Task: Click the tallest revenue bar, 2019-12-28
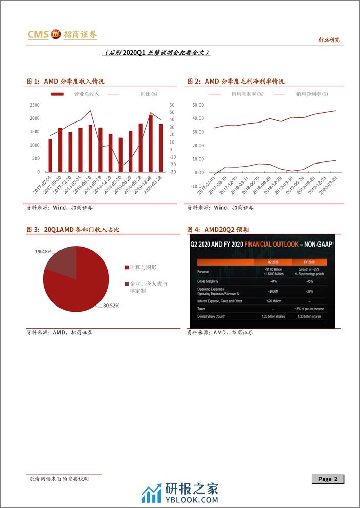150,144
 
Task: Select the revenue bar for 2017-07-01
50,155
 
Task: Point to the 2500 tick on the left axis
35,105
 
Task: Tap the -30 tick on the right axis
172,172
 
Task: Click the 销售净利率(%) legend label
312,94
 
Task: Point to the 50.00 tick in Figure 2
197,105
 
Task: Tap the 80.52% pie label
111,306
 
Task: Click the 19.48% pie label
44,252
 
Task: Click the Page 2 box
328,479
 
